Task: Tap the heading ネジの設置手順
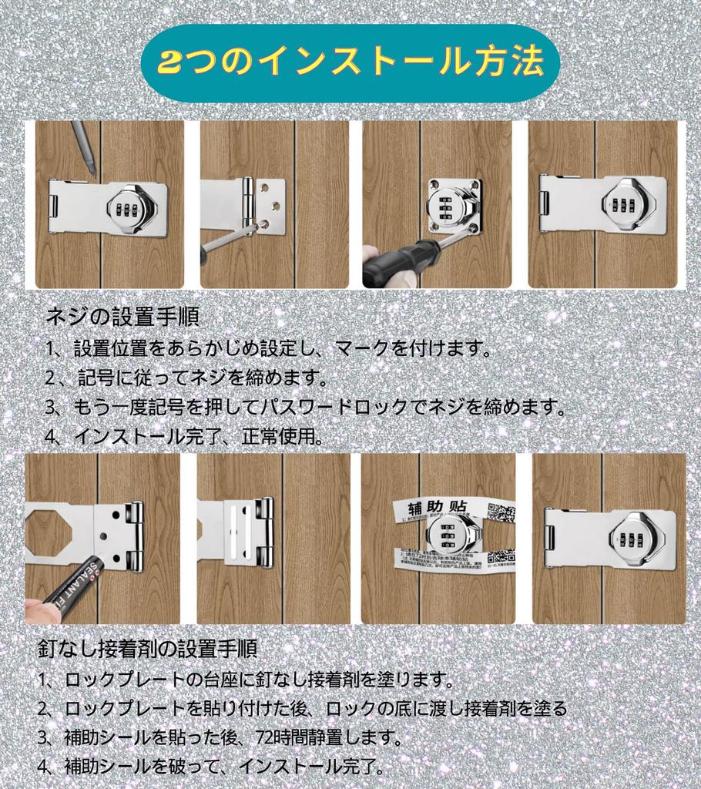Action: [123, 316]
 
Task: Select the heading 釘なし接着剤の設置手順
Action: [147, 648]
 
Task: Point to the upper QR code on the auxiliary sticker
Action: [501, 512]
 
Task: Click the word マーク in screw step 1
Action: [361, 349]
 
